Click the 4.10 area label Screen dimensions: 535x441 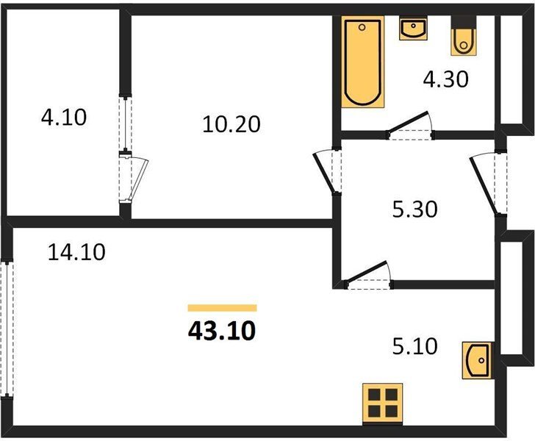64,118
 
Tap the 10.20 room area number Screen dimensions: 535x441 231,124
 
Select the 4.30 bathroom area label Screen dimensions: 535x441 445,79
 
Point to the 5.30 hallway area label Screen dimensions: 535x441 415,209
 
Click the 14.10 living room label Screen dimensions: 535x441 76,252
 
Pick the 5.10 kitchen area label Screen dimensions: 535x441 415,346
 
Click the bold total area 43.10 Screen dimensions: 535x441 222,331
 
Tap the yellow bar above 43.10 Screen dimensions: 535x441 222,308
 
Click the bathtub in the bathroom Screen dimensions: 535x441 363,62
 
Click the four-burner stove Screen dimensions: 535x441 382,404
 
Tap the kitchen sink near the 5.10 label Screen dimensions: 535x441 477,360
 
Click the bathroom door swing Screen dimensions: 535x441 410,125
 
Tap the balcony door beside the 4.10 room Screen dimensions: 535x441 134,178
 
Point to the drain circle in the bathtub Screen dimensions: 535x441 362,27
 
